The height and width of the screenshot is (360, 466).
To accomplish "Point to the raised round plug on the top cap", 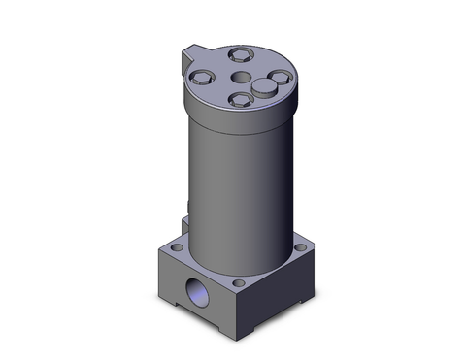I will pos(263,89).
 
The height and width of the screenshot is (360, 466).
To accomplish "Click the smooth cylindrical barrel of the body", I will pos(233,184).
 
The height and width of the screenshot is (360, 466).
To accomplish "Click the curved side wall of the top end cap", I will pos(233,114).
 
